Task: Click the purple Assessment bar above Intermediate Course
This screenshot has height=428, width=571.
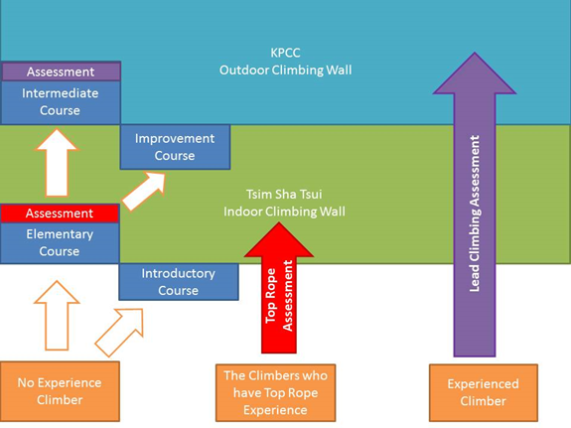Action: [61, 71]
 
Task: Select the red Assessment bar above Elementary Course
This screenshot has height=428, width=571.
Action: [60, 214]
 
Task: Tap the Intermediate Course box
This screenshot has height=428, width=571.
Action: [61, 102]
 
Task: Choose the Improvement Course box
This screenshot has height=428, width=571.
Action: [175, 147]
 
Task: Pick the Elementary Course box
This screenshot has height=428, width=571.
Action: [60, 243]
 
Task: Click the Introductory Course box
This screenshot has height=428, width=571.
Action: [179, 282]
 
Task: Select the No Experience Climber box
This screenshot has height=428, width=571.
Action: [60, 391]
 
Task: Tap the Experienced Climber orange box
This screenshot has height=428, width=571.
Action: [484, 392]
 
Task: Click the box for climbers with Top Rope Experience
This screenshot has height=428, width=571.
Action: [276, 392]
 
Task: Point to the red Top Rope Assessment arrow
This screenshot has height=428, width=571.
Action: [279, 288]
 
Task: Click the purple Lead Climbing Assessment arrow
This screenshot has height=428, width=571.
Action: [475, 204]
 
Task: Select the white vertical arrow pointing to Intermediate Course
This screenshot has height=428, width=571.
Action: [57, 163]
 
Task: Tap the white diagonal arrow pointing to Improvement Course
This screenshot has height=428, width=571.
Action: [144, 192]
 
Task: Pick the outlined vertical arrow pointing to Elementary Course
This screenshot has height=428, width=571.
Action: [57, 316]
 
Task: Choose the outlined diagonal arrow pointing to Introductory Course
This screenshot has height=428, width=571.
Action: [119, 333]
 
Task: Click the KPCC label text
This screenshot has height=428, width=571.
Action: [286, 53]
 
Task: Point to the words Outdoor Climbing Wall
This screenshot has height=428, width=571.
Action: [286, 70]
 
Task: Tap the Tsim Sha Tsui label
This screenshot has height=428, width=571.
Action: [284, 195]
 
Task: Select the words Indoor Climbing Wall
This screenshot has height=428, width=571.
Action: [284, 212]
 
